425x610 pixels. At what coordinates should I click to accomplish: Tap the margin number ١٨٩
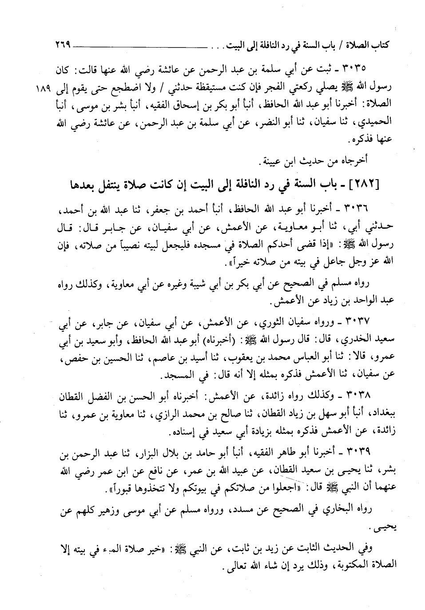45,88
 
